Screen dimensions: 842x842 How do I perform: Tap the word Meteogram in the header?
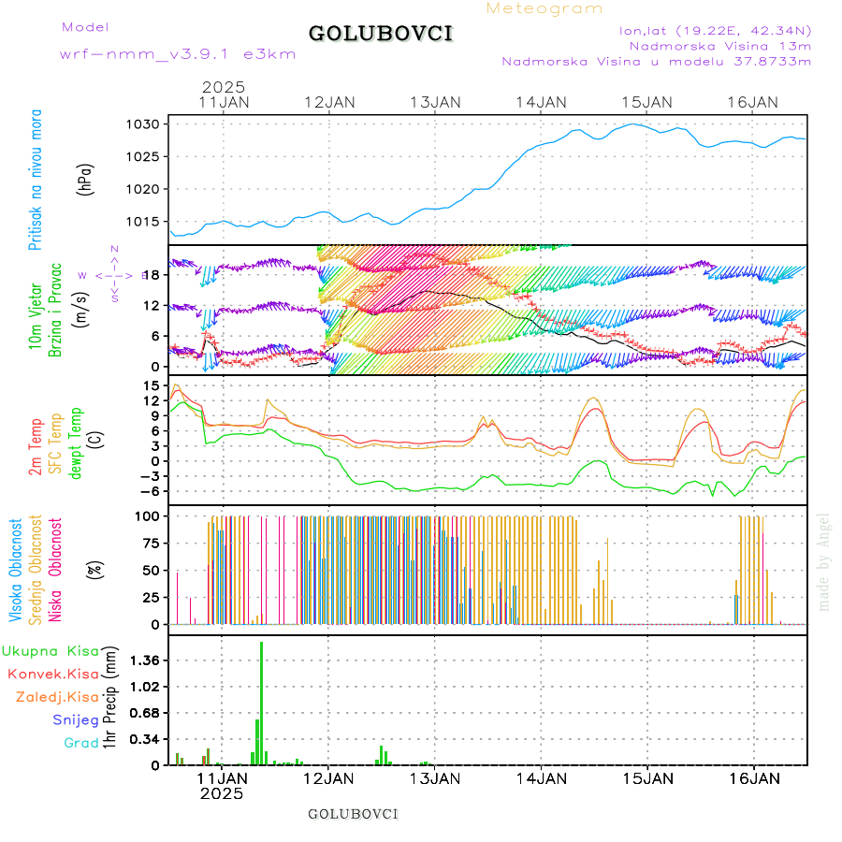pyautogui.click(x=544, y=8)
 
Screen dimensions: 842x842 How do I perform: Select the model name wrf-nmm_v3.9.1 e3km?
pyautogui.click(x=178, y=53)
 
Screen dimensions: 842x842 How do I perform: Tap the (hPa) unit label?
pyautogui.click(x=87, y=178)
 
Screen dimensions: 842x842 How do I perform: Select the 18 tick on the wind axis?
pyautogui.click(x=154, y=275)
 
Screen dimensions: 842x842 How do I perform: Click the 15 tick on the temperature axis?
pyautogui.click(x=154, y=385)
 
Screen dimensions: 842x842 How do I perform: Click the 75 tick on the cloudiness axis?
pyautogui.click(x=152, y=543)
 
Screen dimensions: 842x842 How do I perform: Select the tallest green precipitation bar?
pyautogui.click(x=261, y=702)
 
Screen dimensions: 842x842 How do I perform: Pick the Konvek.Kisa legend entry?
pyautogui.click(x=52, y=674)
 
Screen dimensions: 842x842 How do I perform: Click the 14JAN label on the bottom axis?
pyautogui.click(x=541, y=777)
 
